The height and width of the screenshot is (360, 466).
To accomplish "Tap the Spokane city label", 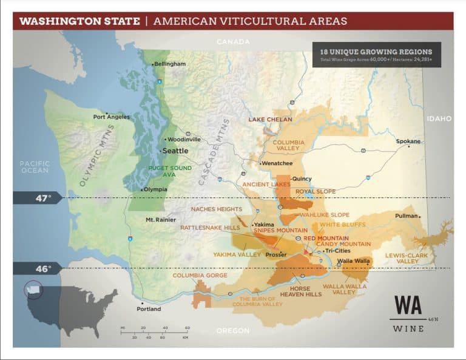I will point(408,141).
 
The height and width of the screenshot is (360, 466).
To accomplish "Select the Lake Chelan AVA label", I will point(270,120).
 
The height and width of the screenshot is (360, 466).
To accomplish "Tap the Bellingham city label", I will point(170,64).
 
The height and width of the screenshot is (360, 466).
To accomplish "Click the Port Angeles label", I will point(111,117).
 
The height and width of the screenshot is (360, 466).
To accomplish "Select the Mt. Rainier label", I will point(161,220).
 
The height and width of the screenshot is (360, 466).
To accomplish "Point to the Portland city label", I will point(148,308).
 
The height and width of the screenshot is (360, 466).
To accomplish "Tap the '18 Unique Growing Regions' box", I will point(376,55).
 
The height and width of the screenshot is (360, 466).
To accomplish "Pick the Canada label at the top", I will point(233,42).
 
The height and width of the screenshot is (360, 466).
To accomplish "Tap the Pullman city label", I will point(406,216).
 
